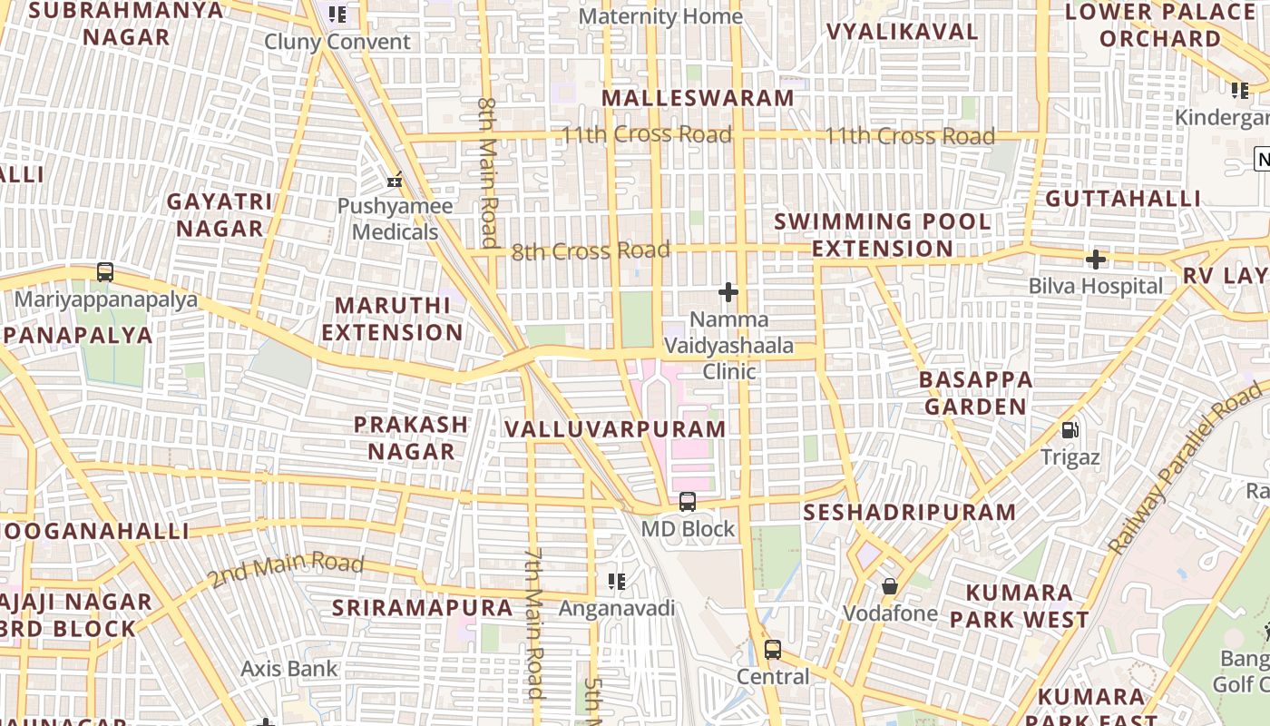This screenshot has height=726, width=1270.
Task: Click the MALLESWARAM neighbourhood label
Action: (x=697, y=98)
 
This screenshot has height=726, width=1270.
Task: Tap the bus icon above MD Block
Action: (x=688, y=501)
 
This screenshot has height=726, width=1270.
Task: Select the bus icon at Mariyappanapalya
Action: (x=105, y=271)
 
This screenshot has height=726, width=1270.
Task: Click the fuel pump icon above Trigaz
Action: (x=1070, y=429)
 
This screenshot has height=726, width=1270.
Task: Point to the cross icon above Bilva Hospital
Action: (x=1095, y=260)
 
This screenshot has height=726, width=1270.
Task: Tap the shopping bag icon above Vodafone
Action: (x=890, y=586)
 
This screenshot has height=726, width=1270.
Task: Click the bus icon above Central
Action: (x=772, y=650)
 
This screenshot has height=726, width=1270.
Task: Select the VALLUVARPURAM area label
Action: (x=615, y=429)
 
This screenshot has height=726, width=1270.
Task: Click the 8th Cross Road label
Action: (x=591, y=250)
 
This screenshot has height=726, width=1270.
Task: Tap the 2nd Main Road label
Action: (x=286, y=569)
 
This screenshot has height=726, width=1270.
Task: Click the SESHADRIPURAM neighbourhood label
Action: (x=910, y=512)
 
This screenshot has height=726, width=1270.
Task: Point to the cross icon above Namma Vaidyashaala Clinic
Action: (x=728, y=292)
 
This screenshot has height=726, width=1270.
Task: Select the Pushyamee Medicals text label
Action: (x=395, y=219)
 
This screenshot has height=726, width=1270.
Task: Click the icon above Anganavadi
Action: (x=617, y=581)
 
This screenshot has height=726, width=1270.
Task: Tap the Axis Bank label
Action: (x=288, y=669)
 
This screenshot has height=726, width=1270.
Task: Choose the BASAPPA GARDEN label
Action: (x=975, y=392)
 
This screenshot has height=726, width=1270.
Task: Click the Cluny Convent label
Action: (x=337, y=42)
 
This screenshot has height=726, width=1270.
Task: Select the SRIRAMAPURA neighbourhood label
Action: (x=423, y=607)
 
